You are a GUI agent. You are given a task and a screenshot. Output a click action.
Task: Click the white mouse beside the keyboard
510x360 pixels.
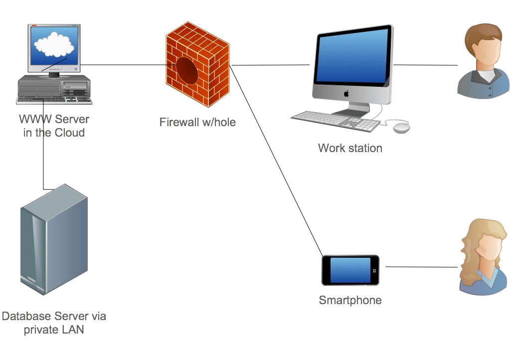(401, 128)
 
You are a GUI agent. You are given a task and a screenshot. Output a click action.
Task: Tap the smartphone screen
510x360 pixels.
(350, 270)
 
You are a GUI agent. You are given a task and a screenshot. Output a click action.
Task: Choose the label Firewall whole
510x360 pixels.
(197, 122)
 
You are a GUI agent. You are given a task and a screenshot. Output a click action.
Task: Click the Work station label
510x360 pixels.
(350, 148)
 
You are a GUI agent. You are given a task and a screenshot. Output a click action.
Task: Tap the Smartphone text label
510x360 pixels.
(350, 301)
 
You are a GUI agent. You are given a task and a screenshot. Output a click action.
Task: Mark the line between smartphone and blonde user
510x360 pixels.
(421, 267)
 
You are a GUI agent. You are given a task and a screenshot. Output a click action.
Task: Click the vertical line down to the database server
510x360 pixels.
(44, 150)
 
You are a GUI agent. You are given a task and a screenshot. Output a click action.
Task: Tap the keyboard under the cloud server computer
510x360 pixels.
(54, 100)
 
